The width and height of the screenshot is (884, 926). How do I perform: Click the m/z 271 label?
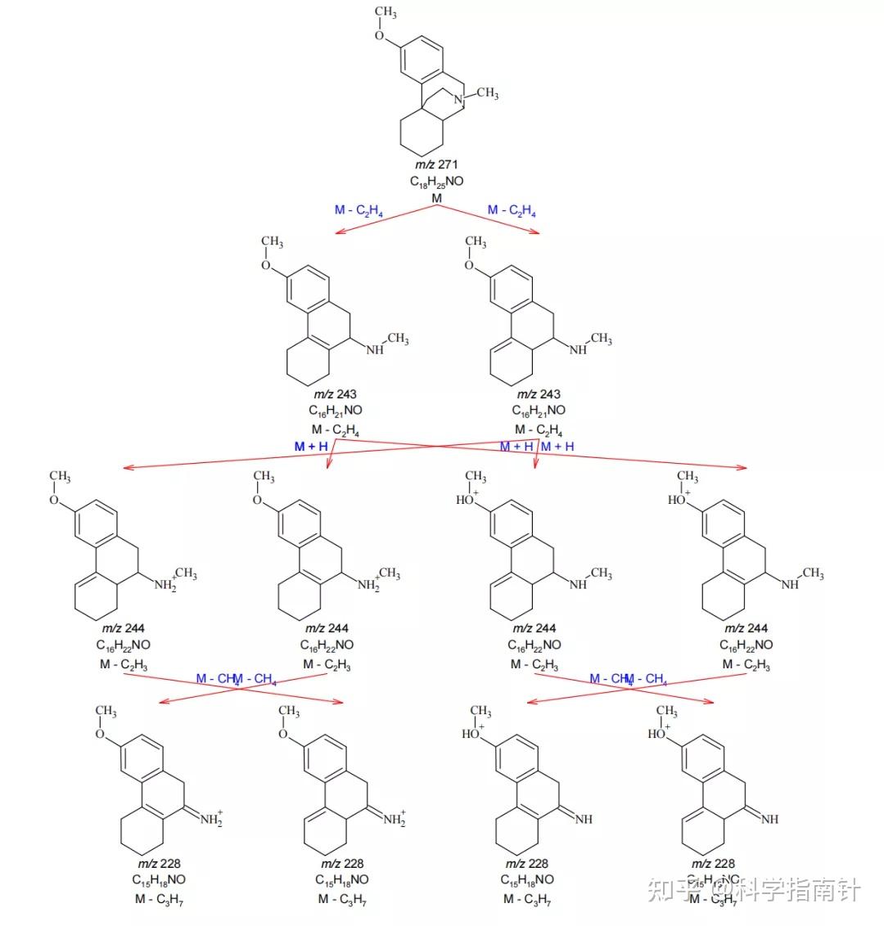pos(436,164)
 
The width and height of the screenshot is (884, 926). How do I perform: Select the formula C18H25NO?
pos(436,182)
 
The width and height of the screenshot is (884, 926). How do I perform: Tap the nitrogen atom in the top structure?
pos(460,100)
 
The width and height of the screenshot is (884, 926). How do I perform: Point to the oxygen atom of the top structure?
pos(380,35)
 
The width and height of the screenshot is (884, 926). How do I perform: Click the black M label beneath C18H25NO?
pos(436,198)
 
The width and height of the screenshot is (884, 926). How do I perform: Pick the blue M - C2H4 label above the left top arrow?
pos(359,211)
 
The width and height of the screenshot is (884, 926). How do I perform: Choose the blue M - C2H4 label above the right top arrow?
pos(512,211)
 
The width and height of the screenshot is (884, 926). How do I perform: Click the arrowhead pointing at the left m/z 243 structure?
pos(339,232)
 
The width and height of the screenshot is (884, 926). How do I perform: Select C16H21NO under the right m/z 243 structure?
pos(539,411)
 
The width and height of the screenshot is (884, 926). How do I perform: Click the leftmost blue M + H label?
pos(311,447)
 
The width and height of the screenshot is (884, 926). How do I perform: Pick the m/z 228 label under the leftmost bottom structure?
pos(159,864)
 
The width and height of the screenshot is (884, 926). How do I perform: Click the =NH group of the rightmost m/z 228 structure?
pos(769,819)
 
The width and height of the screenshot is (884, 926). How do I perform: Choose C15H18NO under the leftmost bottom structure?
pos(159,880)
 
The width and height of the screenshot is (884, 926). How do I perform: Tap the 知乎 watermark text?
pos(665,891)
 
